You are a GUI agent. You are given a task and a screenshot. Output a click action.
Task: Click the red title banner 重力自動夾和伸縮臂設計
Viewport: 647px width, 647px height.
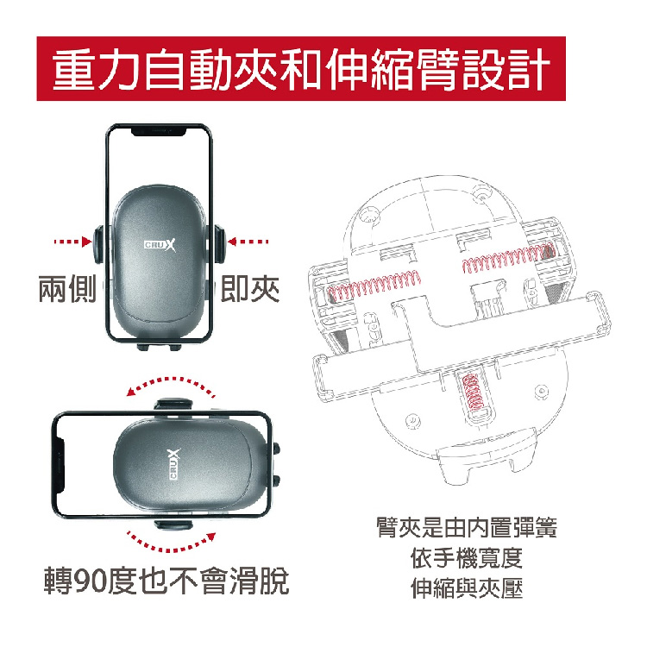click(301, 69)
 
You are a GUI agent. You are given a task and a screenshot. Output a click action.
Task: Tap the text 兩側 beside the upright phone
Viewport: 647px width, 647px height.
click(66, 288)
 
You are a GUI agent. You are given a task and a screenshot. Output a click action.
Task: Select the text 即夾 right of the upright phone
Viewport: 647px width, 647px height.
click(249, 288)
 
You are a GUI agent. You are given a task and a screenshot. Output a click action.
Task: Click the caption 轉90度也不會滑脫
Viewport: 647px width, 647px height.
click(166, 581)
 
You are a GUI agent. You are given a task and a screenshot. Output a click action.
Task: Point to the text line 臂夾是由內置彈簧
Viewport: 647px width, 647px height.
click(467, 527)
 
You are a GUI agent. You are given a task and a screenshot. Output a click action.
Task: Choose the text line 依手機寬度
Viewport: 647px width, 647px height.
click(467, 558)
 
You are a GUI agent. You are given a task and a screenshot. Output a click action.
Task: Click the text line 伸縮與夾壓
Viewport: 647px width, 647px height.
click(467, 588)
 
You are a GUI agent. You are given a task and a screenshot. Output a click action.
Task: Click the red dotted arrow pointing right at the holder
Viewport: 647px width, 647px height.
click(73, 242)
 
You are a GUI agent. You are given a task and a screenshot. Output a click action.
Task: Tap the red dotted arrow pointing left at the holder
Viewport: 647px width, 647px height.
click(248, 242)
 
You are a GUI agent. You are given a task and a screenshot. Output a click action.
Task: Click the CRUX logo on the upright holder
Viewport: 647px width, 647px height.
click(160, 245)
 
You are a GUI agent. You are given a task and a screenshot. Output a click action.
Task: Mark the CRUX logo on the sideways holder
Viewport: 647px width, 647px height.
click(174, 464)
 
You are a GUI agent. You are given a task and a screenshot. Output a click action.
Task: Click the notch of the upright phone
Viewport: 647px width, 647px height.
click(160, 132)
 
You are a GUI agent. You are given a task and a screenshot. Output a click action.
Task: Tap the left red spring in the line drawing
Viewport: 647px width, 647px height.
click(374, 286)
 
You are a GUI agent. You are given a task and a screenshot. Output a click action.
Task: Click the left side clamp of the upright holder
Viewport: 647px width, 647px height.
click(98, 245)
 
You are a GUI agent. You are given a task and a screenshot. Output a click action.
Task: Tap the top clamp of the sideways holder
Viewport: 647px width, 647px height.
click(173, 404)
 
